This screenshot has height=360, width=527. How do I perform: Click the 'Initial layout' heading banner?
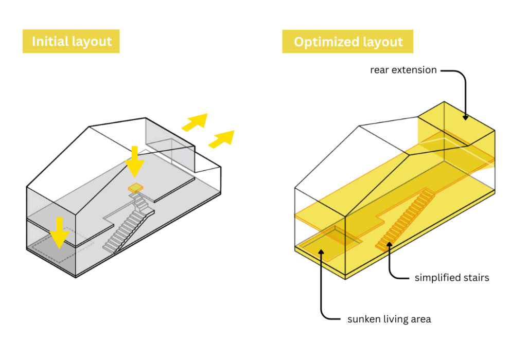tap(71, 41)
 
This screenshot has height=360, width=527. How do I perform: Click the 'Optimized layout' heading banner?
tap(348, 41)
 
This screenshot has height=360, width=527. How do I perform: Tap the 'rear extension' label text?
tap(403, 70)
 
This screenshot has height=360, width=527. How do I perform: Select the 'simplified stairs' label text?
tap(451, 278)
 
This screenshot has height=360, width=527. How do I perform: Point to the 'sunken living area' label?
tap(389, 319)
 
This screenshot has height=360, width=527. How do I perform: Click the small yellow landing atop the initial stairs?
tap(136, 188)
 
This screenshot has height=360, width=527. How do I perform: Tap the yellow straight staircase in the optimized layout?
tap(407, 219)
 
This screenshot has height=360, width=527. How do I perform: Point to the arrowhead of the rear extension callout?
tap(465, 117)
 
